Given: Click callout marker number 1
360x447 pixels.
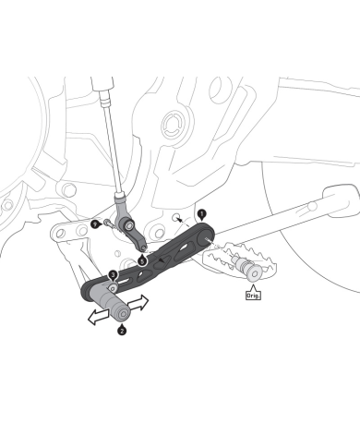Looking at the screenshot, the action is coord(201,214).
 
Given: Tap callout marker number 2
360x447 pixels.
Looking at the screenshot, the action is coord(122,331).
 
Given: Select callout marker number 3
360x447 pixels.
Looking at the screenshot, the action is coord(114,274).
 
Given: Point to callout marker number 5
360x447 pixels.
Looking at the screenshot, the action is coord(142,261).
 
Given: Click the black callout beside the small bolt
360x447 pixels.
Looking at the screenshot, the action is coord(96,224).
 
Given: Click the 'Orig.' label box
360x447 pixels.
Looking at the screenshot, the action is coord(253,296).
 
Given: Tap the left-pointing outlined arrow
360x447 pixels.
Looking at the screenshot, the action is coord(99,317).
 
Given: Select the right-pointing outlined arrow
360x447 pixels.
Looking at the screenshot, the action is coord(138,303).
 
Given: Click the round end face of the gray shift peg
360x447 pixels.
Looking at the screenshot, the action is coord(124,314).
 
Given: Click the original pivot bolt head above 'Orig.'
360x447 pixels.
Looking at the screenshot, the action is coord(255,273).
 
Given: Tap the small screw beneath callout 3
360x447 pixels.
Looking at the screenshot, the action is coord(114,288).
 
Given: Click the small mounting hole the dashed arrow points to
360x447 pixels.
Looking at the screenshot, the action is coord(175,217).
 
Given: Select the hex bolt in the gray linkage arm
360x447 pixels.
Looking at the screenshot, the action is coord(129,225).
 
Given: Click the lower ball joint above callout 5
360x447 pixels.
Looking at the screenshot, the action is coord(143,247).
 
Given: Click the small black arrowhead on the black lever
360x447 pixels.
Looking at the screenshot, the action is coord(161,260).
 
